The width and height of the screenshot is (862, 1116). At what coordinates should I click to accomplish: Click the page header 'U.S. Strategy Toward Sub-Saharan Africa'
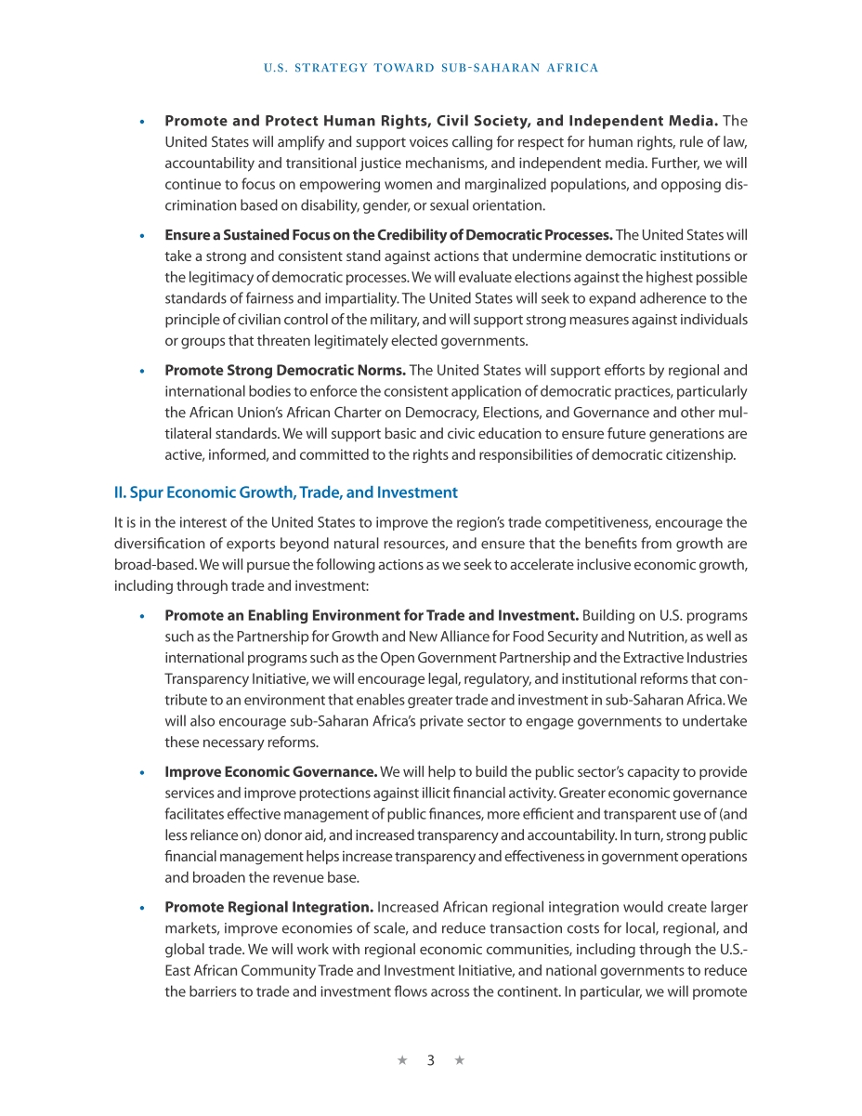click(x=431, y=68)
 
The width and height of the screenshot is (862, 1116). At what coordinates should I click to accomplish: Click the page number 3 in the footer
click(x=431, y=1060)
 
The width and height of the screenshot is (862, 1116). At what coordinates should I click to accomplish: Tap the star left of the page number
click(x=402, y=1060)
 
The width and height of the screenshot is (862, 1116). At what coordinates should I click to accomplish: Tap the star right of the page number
click(x=460, y=1060)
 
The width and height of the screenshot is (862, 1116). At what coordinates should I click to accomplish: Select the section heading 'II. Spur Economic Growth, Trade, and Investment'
click(x=285, y=492)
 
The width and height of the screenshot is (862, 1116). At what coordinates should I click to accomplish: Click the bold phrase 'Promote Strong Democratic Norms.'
click(x=285, y=371)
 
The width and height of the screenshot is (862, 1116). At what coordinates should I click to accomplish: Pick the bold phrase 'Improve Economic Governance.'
click(x=270, y=772)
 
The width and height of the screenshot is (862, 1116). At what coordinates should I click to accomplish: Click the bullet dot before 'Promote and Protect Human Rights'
click(x=141, y=122)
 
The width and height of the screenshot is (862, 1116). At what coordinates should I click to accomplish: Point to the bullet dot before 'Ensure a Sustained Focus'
click(x=141, y=235)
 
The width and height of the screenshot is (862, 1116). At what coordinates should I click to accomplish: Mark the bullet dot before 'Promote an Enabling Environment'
click(x=141, y=616)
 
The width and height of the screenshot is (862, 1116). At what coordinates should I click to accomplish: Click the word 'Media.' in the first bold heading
click(x=692, y=121)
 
